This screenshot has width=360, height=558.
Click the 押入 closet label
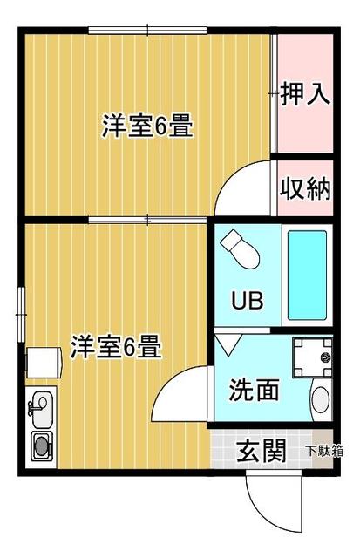pyautogui.click(x=306, y=94)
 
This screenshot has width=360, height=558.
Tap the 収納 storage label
pyautogui.click(x=306, y=188)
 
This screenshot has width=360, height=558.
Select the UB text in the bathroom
pyautogui.click(x=248, y=300)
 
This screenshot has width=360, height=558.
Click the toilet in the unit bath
pyautogui.click(x=240, y=248)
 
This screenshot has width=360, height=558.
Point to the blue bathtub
pyautogui.click(x=307, y=276)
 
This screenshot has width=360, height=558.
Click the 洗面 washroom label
pyautogui.click(x=254, y=390)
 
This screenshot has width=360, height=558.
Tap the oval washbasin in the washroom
pyautogui.click(x=321, y=399)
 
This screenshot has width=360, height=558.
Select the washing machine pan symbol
pyautogui.click(x=312, y=357)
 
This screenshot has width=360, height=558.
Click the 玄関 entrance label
pyautogui.click(x=262, y=451)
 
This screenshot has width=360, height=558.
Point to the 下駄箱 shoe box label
pyautogui.click(x=325, y=452)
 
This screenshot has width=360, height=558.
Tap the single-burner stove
pyautogui.click(x=42, y=446)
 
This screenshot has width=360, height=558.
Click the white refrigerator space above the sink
pyautogui.click(x=44, y=363)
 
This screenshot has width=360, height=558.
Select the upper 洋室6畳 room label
pyautogui.click(x=147, y=126)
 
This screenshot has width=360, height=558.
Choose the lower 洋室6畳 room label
pyautogui.click(x=116, y=346)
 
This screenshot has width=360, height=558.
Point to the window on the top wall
pyautogui.click(x=147, y=31)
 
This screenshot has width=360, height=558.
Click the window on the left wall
pyautogui.click(x=21, y=315)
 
